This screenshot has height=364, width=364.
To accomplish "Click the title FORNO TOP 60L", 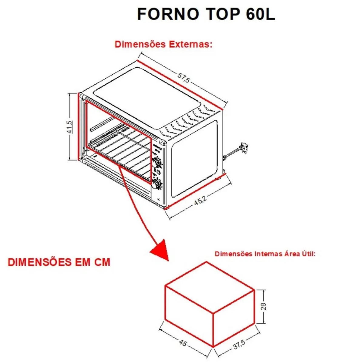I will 206,14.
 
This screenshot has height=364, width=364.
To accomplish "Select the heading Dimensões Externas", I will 163,44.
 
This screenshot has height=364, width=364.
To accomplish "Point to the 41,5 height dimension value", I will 69,127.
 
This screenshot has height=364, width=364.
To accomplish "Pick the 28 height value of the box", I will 263,306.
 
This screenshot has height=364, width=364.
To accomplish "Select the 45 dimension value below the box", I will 183,343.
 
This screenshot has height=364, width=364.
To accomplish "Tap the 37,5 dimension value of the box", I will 239,345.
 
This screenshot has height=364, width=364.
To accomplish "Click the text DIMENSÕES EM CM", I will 59,262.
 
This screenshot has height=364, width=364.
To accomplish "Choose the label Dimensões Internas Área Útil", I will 265,254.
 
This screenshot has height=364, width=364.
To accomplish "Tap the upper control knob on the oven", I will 157,162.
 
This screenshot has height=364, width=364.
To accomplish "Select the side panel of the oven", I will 194,158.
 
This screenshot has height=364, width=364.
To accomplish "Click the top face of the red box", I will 209,287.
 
